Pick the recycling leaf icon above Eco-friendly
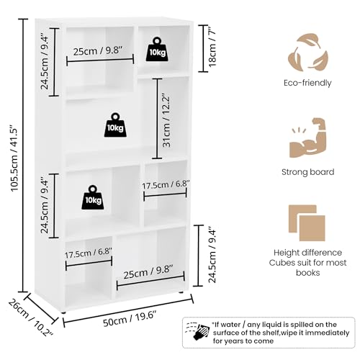pyautogui.click(x=307, y=51)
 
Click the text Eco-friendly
pyautogui.click(x=307, y=83)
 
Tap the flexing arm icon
pyautogui.click(x=307, y=138)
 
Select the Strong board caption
pyautogui.click(x=307, y=172)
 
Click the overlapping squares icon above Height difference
pyautogui.click(x=307, y=225)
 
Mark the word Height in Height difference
pyautogui.click(x=288, y=253)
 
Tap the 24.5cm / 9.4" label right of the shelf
pyautogui.click(x=212, y=255)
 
